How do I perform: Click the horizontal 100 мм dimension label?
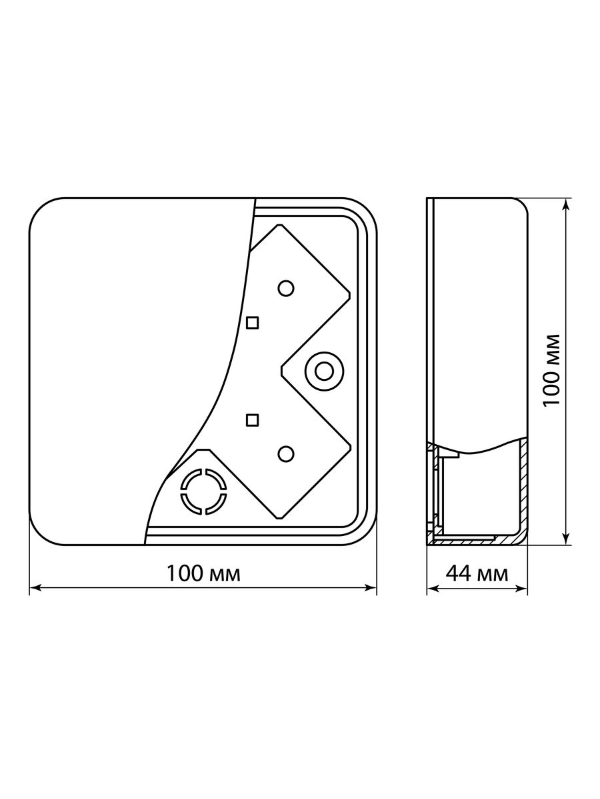(203, 574)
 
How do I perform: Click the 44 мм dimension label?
(477, 574)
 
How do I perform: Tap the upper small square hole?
(252, 322)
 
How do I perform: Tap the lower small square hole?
(252, 420)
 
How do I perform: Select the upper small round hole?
(285, 288)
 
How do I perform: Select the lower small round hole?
(285, 454)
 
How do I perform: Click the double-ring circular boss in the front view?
(324, 372)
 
